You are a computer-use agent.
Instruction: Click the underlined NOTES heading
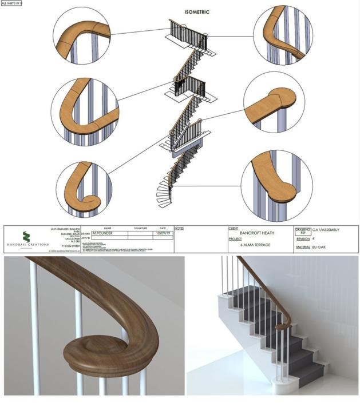point(178,228)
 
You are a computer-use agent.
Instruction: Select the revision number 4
point(314,238)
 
